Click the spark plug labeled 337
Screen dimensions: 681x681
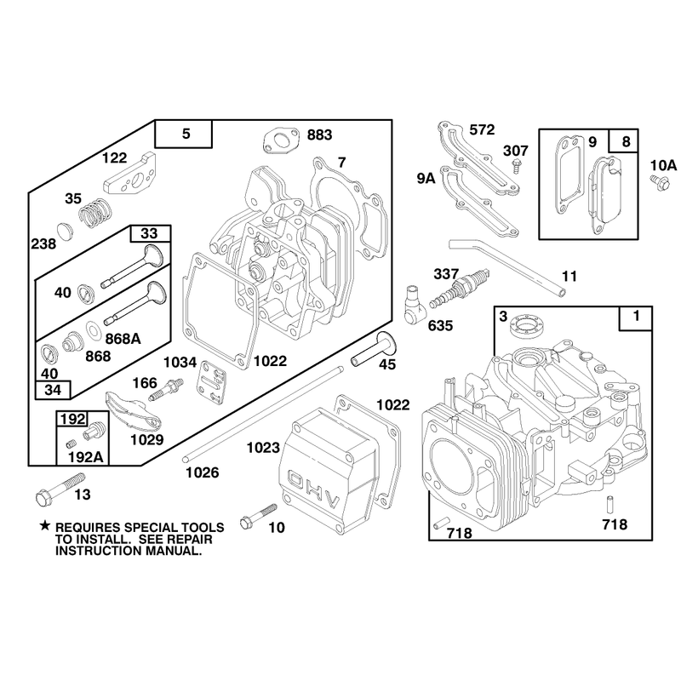[461, 288]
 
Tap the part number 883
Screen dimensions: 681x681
[319, 135]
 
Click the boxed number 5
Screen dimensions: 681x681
[186, 134]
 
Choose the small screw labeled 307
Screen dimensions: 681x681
[517, 165]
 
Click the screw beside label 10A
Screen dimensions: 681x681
[659, 183]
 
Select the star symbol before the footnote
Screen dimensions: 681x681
[45, 526]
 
